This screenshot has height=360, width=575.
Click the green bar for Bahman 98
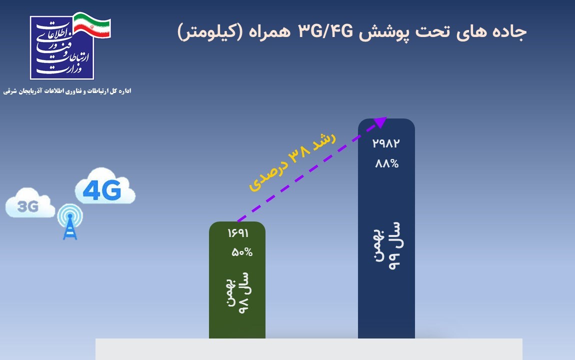point(237,280)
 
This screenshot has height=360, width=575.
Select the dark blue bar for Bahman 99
point(386,228)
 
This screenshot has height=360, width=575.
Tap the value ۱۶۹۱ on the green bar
point(238,233)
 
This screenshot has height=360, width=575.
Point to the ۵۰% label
point(242,252)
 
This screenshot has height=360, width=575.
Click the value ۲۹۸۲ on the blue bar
point(386,143)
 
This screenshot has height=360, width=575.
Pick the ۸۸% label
point(387,163)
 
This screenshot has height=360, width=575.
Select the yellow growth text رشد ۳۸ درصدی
point(292,161)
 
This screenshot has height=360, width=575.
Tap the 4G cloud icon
point(105,186)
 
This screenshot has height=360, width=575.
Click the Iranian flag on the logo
point(92,25)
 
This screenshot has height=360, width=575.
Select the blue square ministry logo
point(62,47)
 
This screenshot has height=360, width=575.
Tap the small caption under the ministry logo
point(67,91)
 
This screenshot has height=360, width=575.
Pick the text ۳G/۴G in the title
point(325,31)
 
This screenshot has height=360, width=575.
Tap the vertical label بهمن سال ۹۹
point(387,245)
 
